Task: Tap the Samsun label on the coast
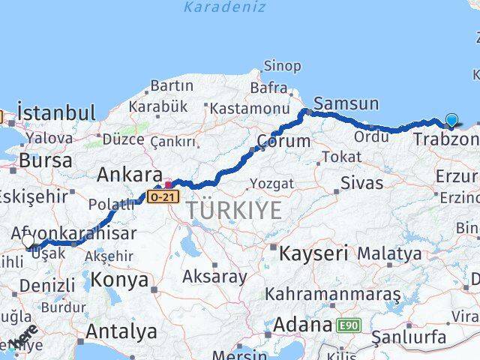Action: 346,103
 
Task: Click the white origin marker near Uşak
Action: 29,241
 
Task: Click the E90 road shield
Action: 347,325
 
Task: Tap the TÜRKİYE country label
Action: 234,211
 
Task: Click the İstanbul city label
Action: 57,113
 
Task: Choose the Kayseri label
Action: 313,253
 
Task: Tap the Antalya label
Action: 121,331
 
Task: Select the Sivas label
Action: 361,181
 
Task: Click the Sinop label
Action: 283,66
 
